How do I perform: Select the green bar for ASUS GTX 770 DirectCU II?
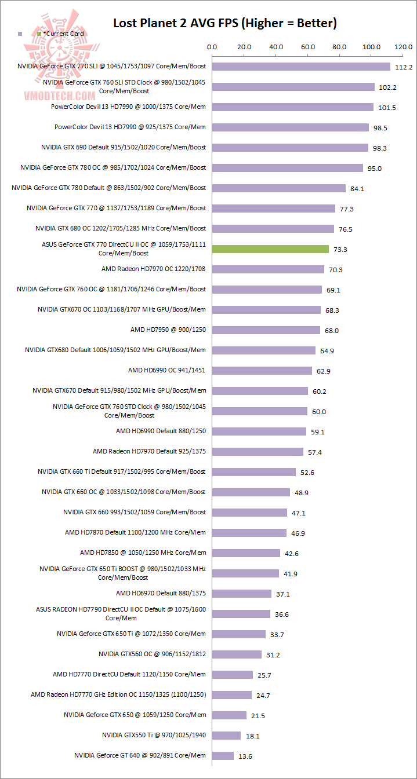(270, 249)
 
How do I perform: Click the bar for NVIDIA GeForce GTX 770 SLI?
(301, 67)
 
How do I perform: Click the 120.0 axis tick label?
(403, 47)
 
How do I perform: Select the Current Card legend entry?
(61, 34)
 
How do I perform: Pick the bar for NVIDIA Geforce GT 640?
(223, 756)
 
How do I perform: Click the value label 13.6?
(246, 756)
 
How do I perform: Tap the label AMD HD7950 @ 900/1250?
(168, 330)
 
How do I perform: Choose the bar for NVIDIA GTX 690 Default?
(290, 148)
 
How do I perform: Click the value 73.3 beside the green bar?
(340, 250)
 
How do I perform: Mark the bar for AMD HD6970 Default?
(242, 594)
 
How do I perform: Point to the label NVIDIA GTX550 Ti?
(154, 735)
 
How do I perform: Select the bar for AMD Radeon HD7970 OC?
(268, 269)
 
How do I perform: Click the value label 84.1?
(357, 189)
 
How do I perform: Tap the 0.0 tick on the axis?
(212, 47)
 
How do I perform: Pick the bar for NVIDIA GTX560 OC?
(237, 654)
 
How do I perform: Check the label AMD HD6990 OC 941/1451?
(167, 370)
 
